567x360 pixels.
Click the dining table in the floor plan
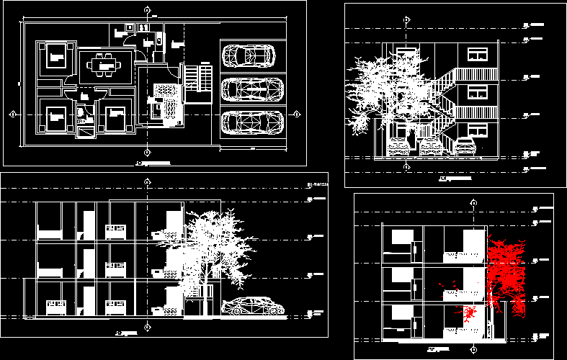107,65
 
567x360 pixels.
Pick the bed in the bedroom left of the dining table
55,54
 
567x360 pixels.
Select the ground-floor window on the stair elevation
477,130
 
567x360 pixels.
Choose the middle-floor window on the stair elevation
477,92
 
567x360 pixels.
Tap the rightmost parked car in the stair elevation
465,146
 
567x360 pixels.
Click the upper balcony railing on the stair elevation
476,74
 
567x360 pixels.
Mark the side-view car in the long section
253,307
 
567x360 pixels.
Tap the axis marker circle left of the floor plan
13,114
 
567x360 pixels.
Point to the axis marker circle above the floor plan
147,10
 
